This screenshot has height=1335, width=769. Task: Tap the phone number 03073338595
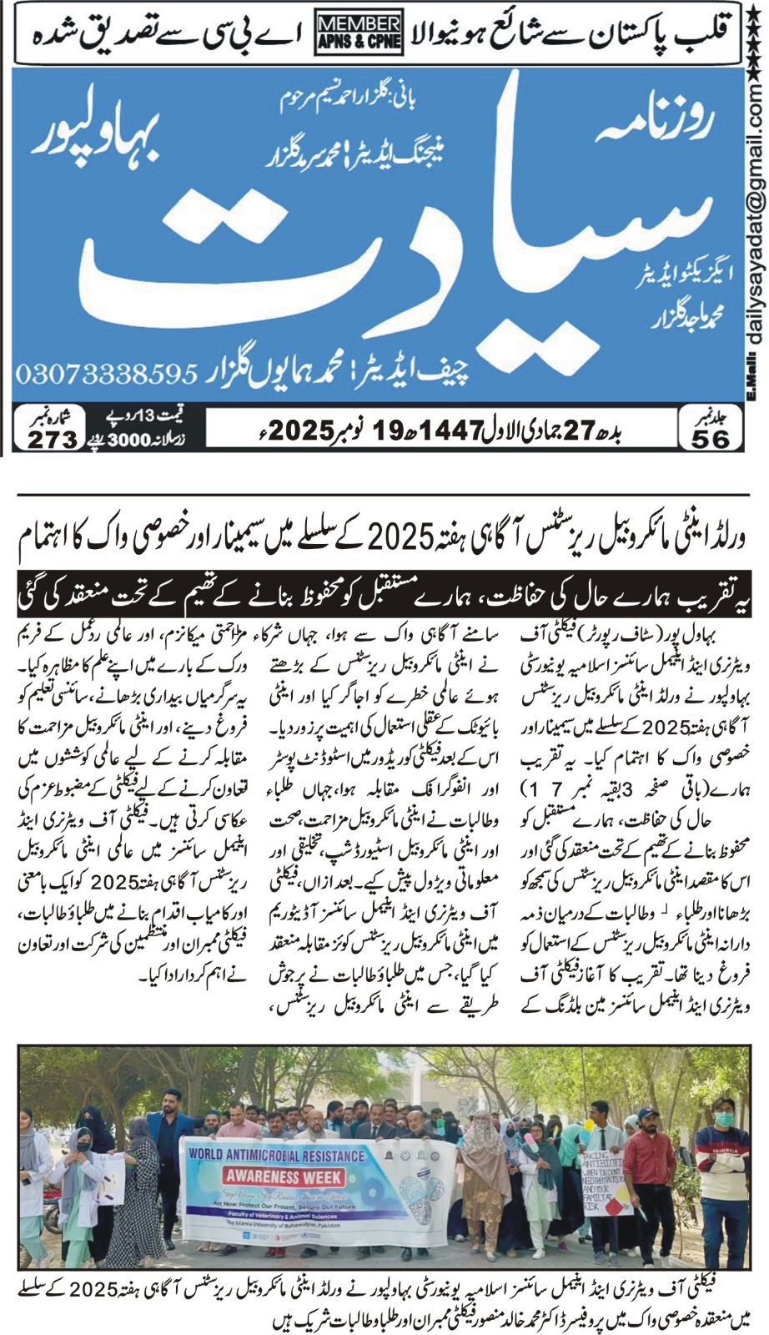click(x=104, y=372)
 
